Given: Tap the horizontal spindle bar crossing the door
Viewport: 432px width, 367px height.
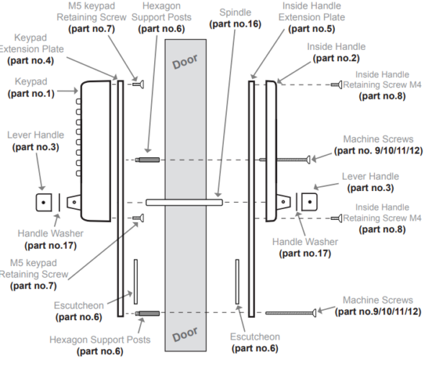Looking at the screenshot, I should point(185,202).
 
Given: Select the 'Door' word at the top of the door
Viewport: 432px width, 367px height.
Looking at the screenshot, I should point(185,62).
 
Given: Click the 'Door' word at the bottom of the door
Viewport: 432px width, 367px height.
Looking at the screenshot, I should point(185,333).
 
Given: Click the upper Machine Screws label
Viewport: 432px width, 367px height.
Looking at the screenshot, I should point(378,145).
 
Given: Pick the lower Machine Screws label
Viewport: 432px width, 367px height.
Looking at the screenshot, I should point(378,306).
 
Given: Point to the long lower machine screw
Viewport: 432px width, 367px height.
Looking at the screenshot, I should point(291,312).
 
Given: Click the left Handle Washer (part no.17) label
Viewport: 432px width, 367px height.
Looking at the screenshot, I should point(48,238).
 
